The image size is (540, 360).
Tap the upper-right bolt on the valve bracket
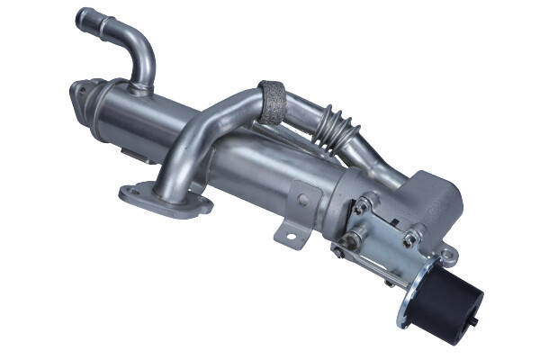410,238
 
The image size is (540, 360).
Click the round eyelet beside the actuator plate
447,257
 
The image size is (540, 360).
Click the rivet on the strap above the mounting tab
302,199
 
